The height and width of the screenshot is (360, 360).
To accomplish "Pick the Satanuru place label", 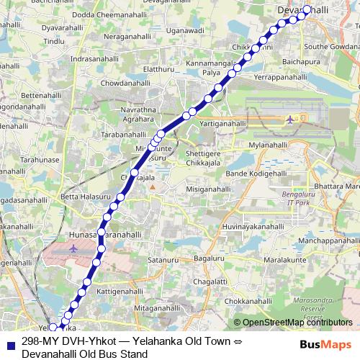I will pyautogui.click(x=162, y=258).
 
